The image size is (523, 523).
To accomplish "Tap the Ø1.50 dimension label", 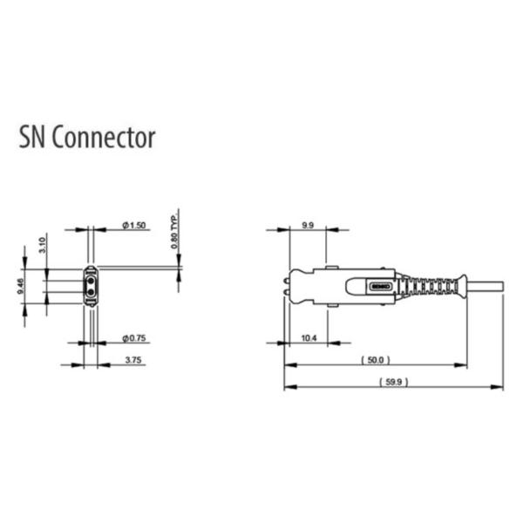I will [136, 226].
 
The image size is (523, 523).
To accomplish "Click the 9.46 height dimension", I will [20, 287].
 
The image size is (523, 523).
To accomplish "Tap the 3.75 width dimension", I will [133, 359].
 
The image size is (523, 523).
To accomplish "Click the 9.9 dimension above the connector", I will [307, 225].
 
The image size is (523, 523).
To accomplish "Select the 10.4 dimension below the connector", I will [308, 337].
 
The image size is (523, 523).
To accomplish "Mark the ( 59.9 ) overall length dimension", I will [394, 382].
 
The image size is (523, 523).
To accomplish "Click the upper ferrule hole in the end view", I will [91, 279].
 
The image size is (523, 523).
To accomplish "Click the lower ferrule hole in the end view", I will [91, 294].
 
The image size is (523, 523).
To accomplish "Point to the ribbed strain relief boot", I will [434, 285].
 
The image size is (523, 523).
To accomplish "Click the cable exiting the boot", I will [486, 285].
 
